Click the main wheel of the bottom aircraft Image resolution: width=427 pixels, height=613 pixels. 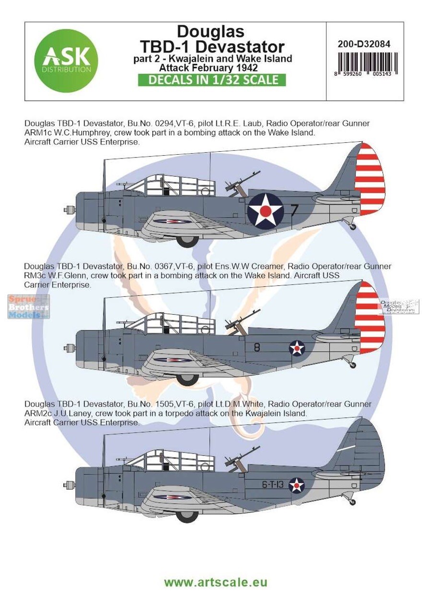pos(187,515)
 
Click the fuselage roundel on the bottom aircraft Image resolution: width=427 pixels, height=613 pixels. pos(297,486)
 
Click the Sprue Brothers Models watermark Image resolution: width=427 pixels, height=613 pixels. pos(29,306)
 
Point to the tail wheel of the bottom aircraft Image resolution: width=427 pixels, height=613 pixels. pos(353,502)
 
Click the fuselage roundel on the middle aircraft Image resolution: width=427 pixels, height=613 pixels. pos(297,348)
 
